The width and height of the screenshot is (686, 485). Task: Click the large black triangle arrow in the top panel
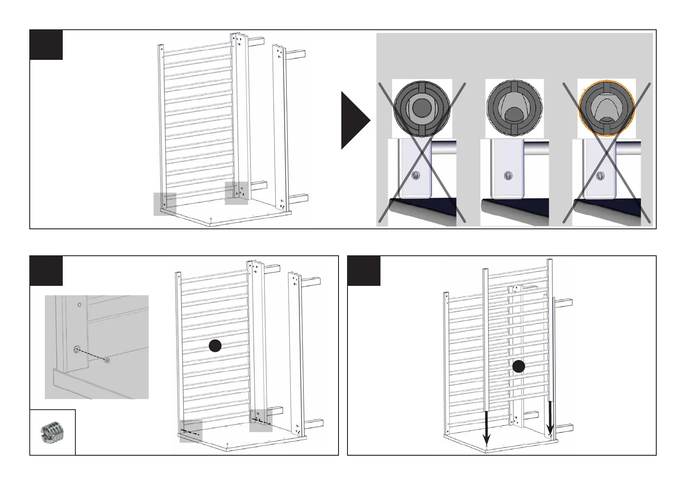coord(354,120)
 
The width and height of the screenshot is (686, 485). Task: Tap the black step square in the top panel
coord(46,44)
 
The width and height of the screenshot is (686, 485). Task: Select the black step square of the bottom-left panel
coord(46,271)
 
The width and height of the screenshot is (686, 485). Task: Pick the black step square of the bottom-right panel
coord(364,271)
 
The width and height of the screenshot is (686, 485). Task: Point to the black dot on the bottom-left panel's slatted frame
coord(215,346)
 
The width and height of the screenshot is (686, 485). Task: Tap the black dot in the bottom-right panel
coord(518,367)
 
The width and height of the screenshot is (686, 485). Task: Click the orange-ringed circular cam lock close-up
coord(607,109)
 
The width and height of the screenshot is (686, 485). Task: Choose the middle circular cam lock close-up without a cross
coord(514,109)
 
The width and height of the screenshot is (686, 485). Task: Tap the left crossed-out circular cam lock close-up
coord(422,109)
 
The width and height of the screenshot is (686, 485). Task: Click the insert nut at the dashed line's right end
coord(107,360)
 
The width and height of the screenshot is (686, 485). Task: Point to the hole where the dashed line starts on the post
coord(77,349)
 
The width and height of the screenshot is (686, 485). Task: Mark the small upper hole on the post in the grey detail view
coord(79,305)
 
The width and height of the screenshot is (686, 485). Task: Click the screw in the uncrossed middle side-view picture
coord(508,176)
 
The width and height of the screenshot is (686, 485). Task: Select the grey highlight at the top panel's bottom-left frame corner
coord(165,204)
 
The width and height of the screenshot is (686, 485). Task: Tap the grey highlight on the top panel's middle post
coord(236,193)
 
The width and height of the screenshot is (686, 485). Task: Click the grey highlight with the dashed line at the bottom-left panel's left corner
coord(191,431)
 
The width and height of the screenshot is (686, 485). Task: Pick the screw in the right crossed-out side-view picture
coord(600,176)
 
